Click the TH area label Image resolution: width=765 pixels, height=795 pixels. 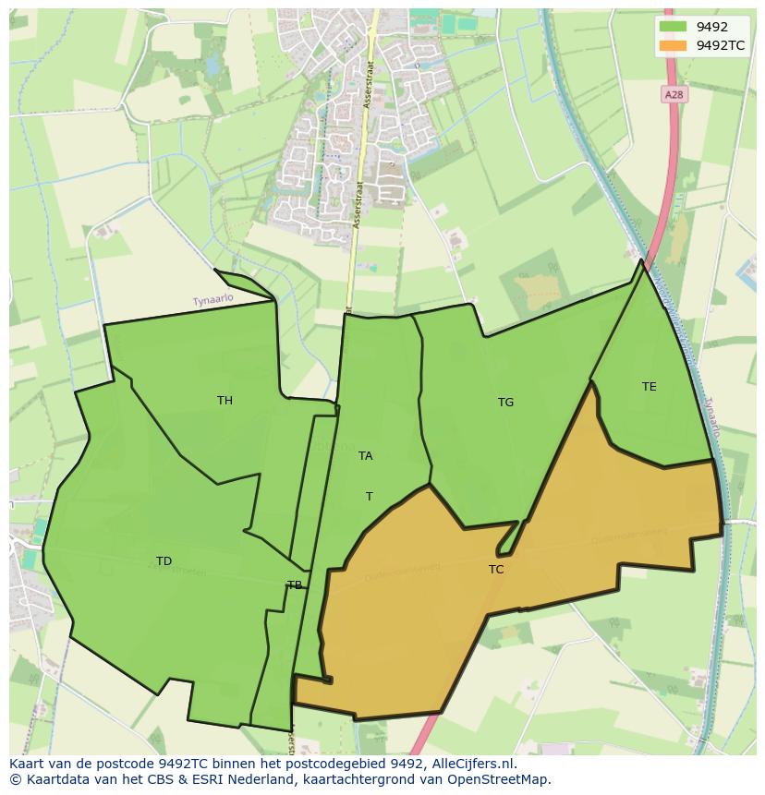[225, 400]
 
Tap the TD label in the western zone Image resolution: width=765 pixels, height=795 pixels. [164, 560]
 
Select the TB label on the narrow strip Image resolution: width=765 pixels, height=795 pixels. [294, 584]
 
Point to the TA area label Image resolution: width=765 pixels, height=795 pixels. [365, 455]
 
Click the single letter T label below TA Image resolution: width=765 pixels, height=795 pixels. [369, 496]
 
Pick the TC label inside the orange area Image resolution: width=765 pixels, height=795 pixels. [496, 569]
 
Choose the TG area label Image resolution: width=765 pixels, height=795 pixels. [505, 402]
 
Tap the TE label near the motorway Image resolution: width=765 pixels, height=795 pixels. [649, 386]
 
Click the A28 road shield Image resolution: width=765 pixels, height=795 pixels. [674, 94]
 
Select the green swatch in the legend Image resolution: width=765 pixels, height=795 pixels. [674, 27]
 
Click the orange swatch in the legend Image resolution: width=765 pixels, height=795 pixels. [674, 45]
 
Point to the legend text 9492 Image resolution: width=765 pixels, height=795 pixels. [711, 27]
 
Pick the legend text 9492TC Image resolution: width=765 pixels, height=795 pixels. [721, 45]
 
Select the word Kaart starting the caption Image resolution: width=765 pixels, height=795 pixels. [27, 764]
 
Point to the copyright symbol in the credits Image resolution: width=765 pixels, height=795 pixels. [15, 779]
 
